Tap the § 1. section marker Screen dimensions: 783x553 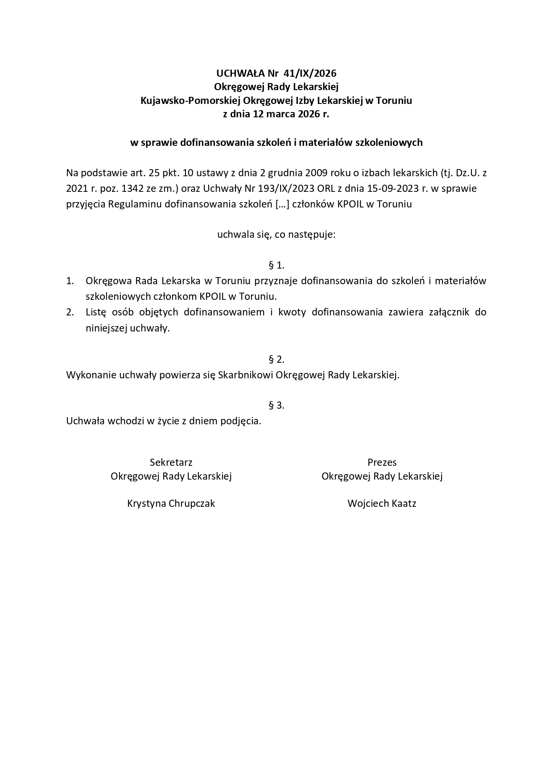pos(276,265)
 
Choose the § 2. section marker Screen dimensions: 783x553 pos(276,359)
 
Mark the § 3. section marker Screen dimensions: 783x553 pos(276,405)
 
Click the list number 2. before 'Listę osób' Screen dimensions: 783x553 pos(70,312)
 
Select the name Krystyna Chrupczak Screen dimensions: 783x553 pos(171,504)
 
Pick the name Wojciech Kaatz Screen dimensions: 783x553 pos(382,504)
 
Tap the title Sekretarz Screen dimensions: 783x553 pos(171,462)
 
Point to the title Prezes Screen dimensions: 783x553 pos(382,462)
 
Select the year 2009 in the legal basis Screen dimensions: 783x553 pos(305,173)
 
